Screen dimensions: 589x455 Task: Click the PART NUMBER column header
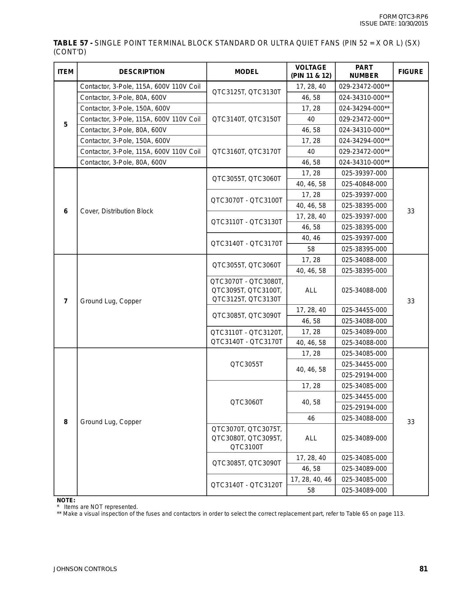[x=364, y=71]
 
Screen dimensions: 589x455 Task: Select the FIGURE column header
[x=411, y=72]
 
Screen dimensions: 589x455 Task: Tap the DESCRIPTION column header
[x=142, y=72]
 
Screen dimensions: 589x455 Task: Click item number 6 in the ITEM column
[x=65, y=211]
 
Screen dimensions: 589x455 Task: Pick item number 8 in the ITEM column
[x=65, y=422]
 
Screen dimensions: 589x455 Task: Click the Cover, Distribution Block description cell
[x=116, y=211]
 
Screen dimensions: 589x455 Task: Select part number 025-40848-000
[x=364, y=184]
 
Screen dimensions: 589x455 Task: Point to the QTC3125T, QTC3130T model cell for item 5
[x=246, y=92]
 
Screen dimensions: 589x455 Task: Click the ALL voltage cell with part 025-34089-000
[x=311, y=438]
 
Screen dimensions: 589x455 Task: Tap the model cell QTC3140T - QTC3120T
[x=246, y=485]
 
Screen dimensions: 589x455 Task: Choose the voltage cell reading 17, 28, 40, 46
[x=311, y=479]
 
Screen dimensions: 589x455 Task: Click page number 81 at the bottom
[x=423, y=569]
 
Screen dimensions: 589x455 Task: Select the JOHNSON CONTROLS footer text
[x=85, y=569]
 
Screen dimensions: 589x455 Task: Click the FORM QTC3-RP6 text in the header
[x=403, y=17]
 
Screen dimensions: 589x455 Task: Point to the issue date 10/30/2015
[x=413, y=24]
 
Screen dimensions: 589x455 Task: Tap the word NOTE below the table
[x=66, y=500]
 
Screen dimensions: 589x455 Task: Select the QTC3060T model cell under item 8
[x=246, y=402]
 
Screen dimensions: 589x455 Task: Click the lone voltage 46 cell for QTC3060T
[x=311, y=418]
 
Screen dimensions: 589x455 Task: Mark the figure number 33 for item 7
[x=411, y=301]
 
